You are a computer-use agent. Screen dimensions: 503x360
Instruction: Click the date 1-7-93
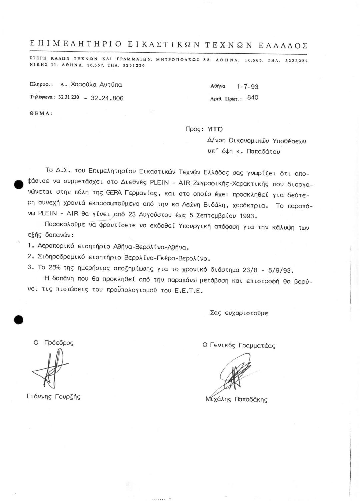click(247, 87)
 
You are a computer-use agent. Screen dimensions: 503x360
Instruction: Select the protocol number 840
click(253, 98)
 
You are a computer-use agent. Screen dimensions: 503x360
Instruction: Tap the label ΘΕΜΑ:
click(41, 113)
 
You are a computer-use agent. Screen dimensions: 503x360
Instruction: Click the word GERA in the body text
click(114, 193)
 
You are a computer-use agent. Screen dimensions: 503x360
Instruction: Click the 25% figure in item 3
click(52, 269)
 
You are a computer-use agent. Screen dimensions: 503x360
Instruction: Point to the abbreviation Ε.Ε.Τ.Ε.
click(188, 291)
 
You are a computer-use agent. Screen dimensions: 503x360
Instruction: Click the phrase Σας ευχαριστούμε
click(239, 313)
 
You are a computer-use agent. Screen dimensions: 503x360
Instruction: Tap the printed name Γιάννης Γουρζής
click(53, 397)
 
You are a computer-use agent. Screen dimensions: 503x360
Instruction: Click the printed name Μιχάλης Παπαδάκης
click(236, 399)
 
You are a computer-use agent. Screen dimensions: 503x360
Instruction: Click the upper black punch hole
click(18, 184)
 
